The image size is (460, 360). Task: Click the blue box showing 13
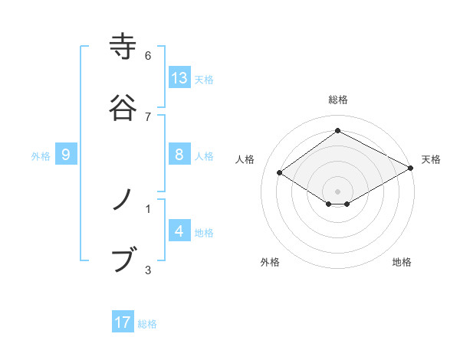tap(179, 78)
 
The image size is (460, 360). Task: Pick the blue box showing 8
tap(179, 155)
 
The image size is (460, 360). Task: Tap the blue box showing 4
tap(179, 231)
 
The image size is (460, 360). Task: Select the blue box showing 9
tap(66, 155)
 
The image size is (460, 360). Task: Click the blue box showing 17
tap(123, 322)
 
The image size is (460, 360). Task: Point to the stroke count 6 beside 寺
tap(148, 56)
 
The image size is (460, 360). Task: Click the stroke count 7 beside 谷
tap(148, 116)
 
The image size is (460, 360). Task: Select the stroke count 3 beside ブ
tap(148, 270)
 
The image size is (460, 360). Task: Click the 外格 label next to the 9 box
tap(41, 155)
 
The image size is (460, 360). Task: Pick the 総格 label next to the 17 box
tap(147, 324)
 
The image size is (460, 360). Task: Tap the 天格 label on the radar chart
tap(431, 159)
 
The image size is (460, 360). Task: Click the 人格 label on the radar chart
tap(245, 159)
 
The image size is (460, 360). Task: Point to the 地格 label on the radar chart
tap(402, 262)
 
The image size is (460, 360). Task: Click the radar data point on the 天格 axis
tap(412, 169)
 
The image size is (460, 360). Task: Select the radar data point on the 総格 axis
tap(338, 130)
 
